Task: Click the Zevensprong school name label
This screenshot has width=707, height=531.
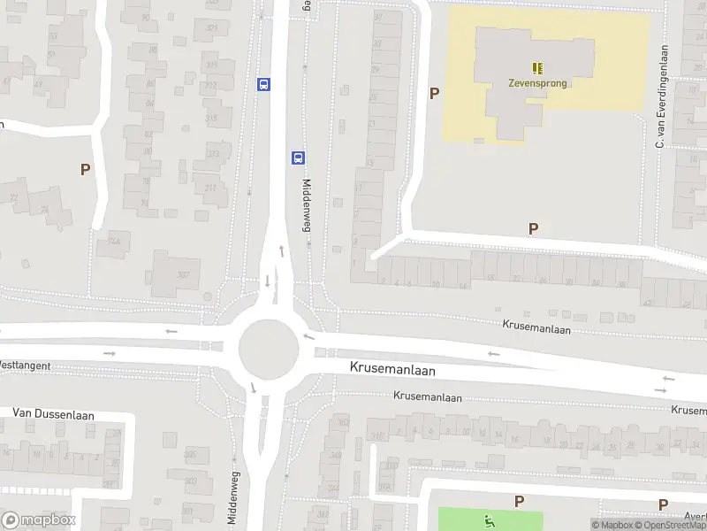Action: (x=537, y=84)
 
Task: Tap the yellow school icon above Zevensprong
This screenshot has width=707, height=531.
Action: (x=537, y=67)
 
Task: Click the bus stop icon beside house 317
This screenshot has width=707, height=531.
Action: (x=263, y=84)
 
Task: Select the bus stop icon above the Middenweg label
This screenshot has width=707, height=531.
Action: (x=299, y=158)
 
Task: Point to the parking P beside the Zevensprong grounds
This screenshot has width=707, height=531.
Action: (x=434, y=93)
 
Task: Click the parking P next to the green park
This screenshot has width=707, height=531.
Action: (x=519, y=501)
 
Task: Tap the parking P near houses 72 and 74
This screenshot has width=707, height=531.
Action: (x=85, y=169)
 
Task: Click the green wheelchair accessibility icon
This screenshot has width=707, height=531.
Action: (x=487, y=519)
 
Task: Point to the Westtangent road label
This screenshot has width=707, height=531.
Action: (x=25, y=365)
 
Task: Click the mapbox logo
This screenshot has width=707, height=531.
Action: (x=39, y=519)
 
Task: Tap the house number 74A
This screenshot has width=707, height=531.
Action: (x=113, y=242)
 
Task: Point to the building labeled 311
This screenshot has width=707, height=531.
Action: (x=210, y=189)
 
